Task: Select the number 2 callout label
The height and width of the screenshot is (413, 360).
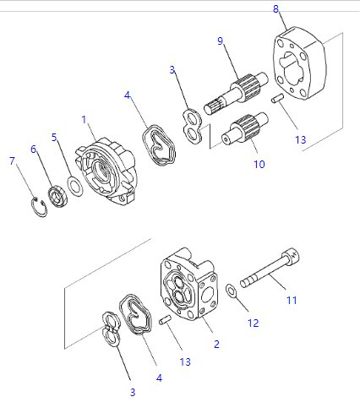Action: click(x=216, y=344)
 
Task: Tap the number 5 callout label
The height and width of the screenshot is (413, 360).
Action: click(x=53, y=136)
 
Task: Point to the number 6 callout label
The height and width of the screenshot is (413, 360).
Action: click(x=34, y=149)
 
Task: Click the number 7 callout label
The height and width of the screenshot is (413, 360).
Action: click(x=12, y=160)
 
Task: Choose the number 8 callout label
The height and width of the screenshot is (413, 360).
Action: click(x=275, y=9)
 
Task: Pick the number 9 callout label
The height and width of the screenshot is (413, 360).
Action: click(x=220, y=41)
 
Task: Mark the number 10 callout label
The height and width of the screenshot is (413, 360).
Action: click(x=259, y=164)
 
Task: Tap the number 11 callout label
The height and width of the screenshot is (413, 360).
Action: click(x=292, y=299)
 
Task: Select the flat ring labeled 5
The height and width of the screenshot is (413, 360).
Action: click(x=74, y=187)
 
